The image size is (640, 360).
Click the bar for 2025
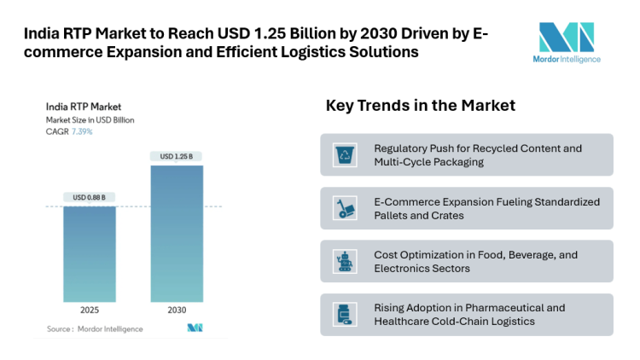(x=90, y=253)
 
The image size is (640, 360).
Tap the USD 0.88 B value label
(x=90, y=197)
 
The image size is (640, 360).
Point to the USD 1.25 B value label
(x=177, y=156)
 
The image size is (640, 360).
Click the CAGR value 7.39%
(x=82, y=132)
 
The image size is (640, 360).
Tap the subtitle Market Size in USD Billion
(x=90, y=120)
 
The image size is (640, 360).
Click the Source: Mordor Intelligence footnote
(x=95, y=328)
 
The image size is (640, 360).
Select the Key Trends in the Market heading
(x=420, y=106)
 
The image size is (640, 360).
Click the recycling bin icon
(x=346, y=154)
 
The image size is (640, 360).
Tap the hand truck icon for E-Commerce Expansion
(x=346, y=208)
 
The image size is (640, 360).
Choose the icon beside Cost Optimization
(x=346, y=261)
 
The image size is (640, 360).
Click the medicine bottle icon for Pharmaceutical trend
(x=346, y=315)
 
